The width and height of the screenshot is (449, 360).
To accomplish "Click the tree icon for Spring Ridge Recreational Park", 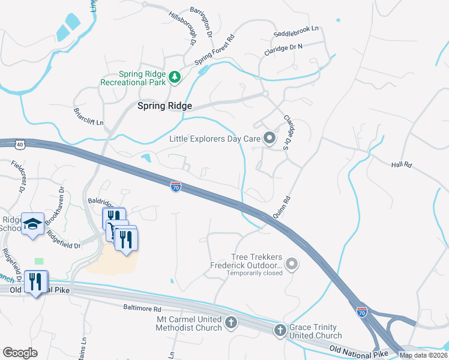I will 174,77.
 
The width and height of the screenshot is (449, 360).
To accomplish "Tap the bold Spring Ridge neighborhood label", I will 164,106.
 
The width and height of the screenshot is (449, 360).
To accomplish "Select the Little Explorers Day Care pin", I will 270,139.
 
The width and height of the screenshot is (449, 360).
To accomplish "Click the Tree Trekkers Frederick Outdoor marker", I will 292,263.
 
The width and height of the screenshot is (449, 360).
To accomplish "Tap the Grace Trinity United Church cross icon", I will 280,329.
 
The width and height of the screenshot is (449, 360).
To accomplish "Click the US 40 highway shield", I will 20,144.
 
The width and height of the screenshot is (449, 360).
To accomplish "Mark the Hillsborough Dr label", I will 183,28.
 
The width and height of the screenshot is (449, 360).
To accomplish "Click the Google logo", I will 20,352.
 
